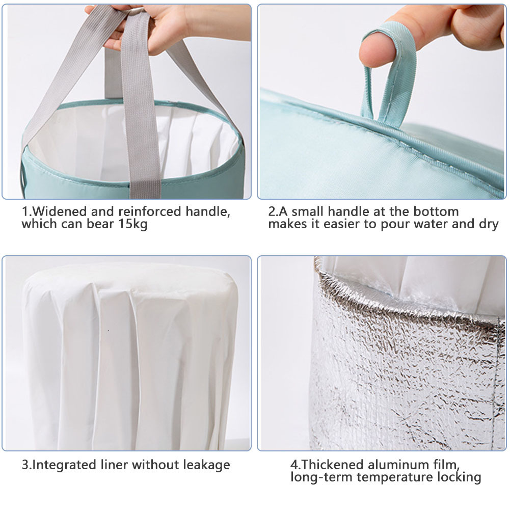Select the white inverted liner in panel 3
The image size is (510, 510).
[130, 357]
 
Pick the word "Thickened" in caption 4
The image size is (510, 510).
[333, 465]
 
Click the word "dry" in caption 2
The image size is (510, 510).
[489, 224]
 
